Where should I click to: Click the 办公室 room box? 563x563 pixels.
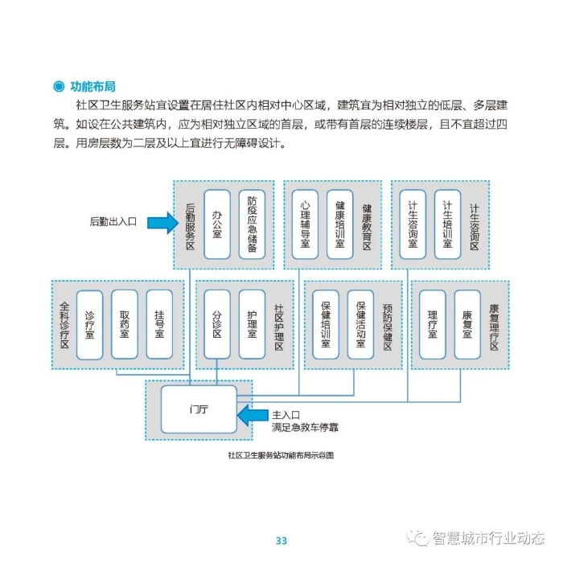click(x=216, y=224)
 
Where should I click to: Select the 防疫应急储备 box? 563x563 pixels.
click(x=252, y=224)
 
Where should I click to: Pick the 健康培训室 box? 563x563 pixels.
click(x=339, y=224)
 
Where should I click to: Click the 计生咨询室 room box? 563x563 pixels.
click(x=413, y=224)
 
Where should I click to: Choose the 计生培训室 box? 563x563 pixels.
click(x=447, y=224)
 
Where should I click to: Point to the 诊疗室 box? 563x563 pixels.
click(x=90, y=324)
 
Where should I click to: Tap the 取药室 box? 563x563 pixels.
click(x=125, y=324)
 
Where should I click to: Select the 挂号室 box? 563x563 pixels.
click(x=159, y=324)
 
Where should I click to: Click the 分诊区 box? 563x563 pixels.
click(x=216, y=324)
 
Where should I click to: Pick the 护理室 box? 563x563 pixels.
click(x=252, y=324)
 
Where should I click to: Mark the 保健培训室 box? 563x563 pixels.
click(x=326, y=324)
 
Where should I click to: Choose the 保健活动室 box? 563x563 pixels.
click(x=360, y=324)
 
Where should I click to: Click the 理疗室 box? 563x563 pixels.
click(x=433, y=324)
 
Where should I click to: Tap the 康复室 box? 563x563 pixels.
click(x=467, y=324)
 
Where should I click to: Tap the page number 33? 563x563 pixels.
click(x=281, y=540)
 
